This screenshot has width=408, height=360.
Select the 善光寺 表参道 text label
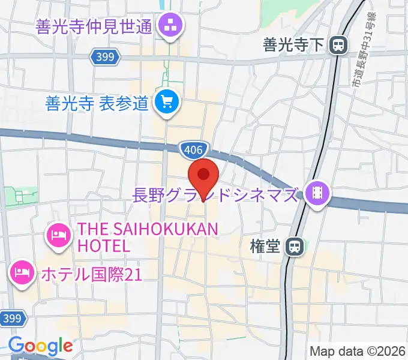(x=96, y=104)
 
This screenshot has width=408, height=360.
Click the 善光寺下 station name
(x=293, y=44)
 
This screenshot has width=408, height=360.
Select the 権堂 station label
(x=265, y=246)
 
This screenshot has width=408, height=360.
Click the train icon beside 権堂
(x=294, y=246)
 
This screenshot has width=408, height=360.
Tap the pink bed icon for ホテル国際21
(x=22, y=274)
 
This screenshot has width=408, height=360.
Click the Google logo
(x=40, y=346)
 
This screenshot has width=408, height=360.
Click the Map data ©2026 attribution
(x=357, y=350)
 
